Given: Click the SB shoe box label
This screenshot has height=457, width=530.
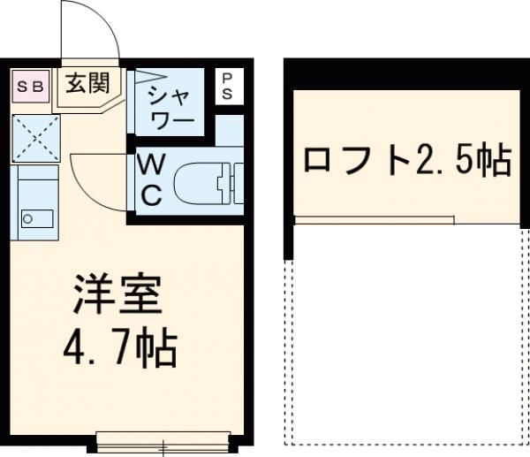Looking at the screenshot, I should tap(31, 87).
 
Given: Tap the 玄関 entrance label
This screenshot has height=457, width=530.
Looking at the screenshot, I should tap(87, 84).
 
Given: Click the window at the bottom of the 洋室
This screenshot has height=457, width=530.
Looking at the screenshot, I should tap(163, 438).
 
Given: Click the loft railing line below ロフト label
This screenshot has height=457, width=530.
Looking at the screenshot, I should tap(375, 218).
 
